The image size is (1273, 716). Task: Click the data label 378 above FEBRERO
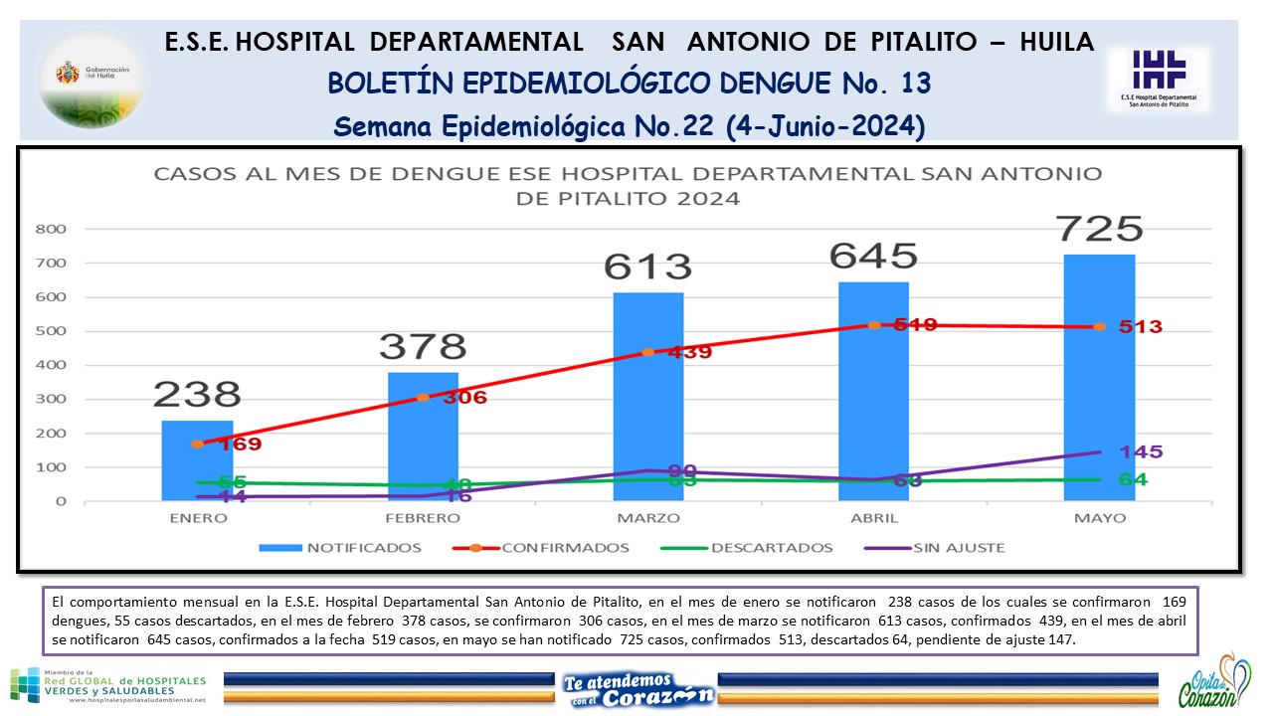point(423,346)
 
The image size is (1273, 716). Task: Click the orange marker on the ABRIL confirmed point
point(874,325)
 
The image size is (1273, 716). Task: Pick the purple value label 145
point(1140,452)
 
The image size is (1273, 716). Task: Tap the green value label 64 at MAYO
point(1133,480)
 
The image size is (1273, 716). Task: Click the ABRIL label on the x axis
point(874,518)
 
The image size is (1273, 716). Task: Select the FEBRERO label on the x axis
point(423,518)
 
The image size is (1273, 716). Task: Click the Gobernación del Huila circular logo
point(91,79)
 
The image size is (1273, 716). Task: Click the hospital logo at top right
point(1159,79)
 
